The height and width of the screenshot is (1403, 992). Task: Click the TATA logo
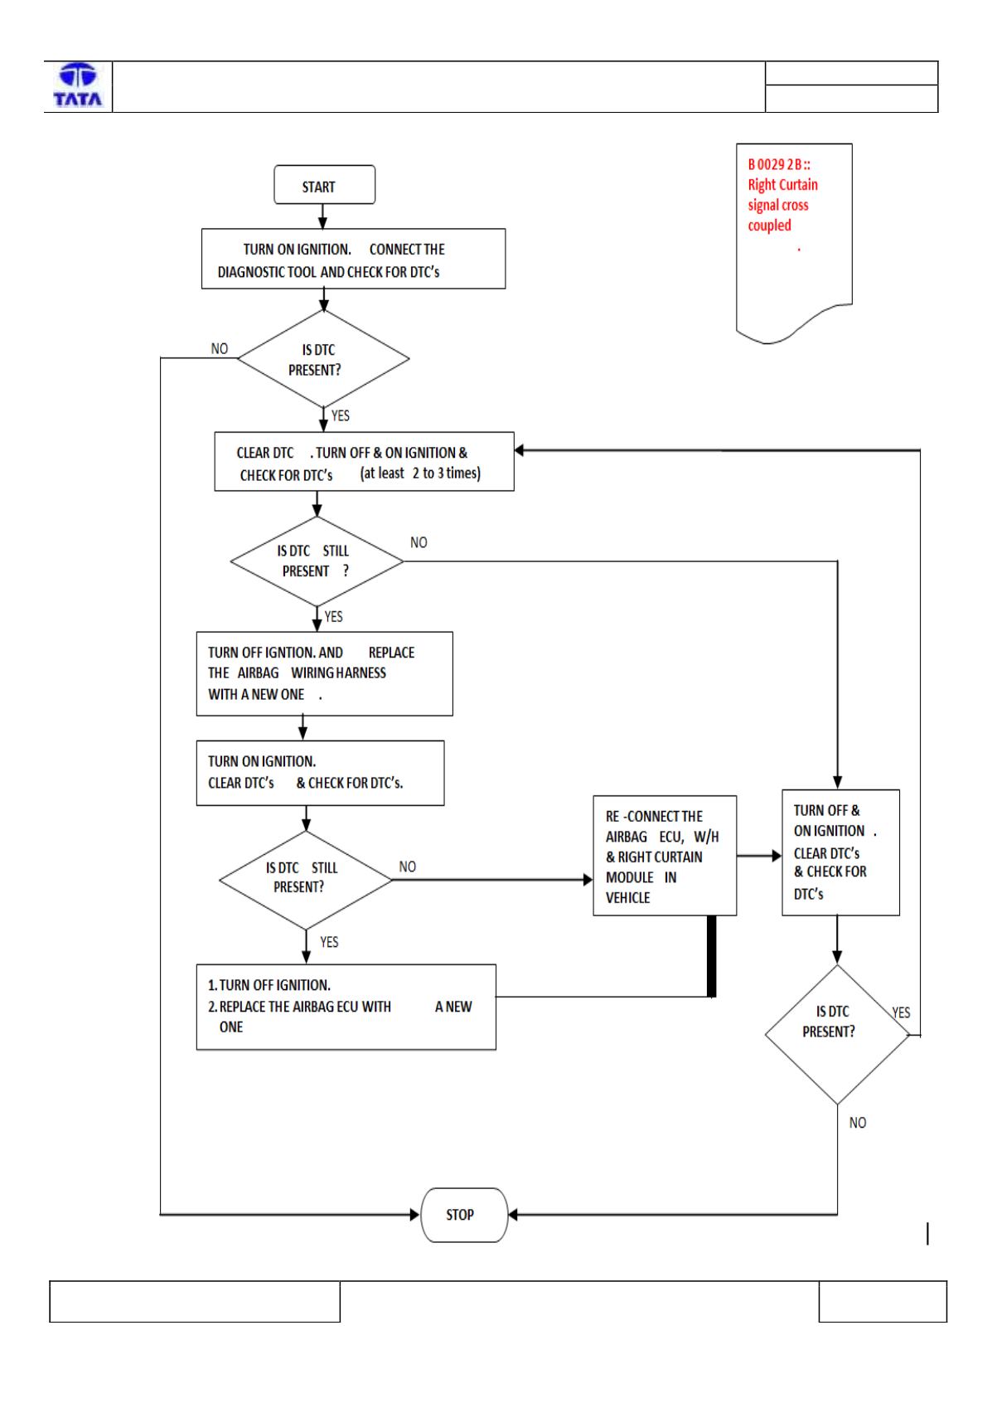pos(78,85)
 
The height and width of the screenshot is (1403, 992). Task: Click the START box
pos(324,185)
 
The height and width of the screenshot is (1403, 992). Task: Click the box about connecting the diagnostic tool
pos(353,259)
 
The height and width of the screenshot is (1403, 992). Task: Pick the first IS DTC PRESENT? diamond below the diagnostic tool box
pos(323,359)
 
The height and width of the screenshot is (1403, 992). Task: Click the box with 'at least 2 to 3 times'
pos(365,462)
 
